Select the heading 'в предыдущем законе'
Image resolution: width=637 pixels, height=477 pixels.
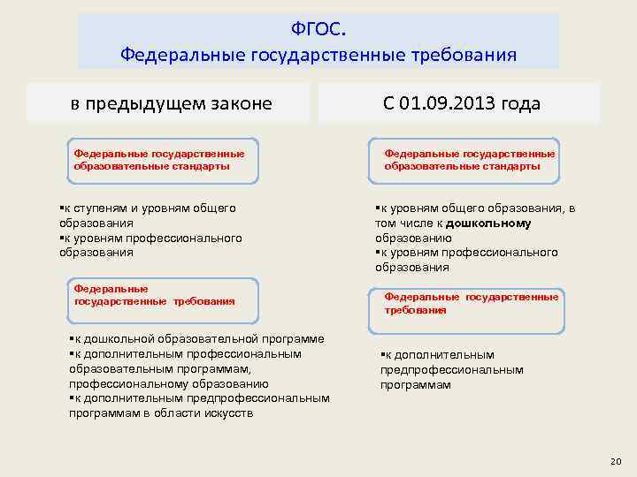172,103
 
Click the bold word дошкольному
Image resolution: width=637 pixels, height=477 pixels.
489,223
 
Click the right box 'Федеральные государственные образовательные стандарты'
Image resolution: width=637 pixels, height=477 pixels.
470,160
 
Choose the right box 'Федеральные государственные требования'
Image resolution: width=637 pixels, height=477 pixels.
470,304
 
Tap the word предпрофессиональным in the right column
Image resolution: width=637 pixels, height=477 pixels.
452,370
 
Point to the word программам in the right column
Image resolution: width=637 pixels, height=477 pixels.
415,385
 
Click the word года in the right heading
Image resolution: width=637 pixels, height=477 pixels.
520,103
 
